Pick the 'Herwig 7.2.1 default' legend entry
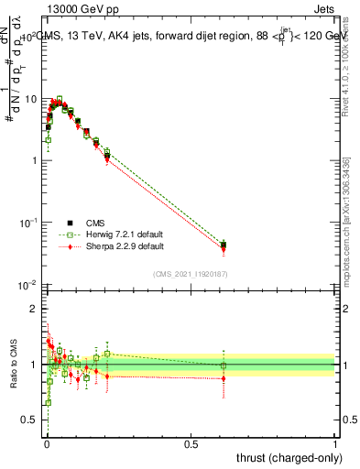(110, 234)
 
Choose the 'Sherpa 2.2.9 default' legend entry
(110, 246)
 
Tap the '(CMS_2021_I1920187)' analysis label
(190, 272)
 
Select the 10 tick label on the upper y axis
(30, 98)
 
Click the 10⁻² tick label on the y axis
(28, 285)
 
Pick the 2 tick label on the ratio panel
(34, 309)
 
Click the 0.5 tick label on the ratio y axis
(30, 420)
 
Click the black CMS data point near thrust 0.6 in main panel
(224, 245)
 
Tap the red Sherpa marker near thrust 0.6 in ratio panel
(224, 378)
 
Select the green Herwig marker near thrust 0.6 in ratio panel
(224, 365)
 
